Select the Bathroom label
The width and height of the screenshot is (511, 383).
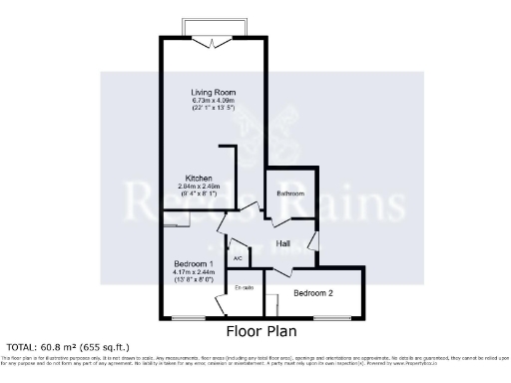coord(290,192)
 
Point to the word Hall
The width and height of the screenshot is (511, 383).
coord(283,242)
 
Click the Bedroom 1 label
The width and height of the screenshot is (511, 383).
coord(189,264)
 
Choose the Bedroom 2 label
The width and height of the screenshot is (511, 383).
coord(313,292)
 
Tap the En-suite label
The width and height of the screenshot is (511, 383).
coord(244,287)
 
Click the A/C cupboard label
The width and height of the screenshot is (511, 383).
coord(238,258)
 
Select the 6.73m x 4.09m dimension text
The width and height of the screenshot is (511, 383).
coord(214,100)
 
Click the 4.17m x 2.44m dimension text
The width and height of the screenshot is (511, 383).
coord(189,272)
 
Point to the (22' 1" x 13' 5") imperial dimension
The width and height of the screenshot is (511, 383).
coord(214,108)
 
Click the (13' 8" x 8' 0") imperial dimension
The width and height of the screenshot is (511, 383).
coord(189,280)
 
